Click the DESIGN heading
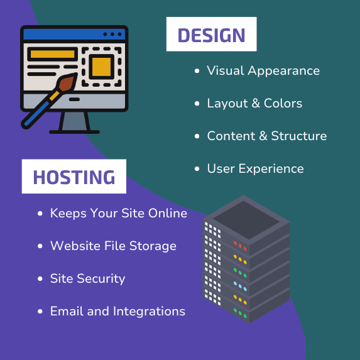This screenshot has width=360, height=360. click(211, 35)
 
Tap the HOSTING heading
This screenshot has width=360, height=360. click(74, 177)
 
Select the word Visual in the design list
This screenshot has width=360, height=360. click(225, 70)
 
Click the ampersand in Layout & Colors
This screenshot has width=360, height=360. click(256, 103)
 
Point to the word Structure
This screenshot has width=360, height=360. click(299, 136)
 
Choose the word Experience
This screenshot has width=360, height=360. click(271, 169)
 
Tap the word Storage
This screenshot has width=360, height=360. click(153, 246)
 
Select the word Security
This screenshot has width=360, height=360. click(101, 279)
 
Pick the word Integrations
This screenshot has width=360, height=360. click(149, 312)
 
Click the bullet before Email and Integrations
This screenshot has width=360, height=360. click(40, 312)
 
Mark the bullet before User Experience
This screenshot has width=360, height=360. click(197, 169)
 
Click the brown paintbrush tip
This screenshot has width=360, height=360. click(67, 82)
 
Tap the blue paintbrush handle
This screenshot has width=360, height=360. click(36, 114)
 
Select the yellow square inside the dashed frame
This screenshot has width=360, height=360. click(101, 67)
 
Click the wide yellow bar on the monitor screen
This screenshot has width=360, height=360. click(53, 54)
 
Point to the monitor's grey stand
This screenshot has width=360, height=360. click(74, 122)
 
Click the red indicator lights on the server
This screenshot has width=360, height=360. click(240, 246)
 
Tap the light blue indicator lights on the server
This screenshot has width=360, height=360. click(240, 286)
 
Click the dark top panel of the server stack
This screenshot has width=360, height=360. click(246, 220)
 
